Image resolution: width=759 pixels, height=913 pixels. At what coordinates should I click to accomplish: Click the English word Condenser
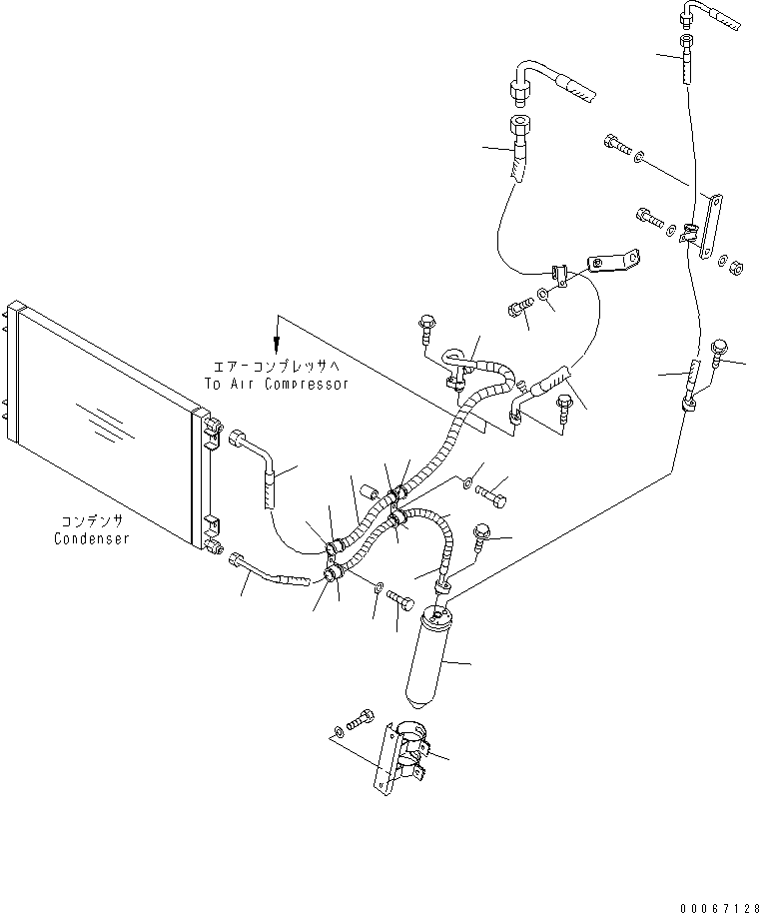point(91,538)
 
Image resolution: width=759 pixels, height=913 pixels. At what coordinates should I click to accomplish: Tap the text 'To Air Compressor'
point(277,384)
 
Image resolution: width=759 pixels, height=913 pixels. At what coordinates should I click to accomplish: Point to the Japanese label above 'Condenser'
point(91,521)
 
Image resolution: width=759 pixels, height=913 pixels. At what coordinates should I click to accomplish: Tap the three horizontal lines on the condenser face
point(98,417)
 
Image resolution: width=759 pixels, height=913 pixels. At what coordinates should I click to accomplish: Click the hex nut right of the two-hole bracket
point(732,267)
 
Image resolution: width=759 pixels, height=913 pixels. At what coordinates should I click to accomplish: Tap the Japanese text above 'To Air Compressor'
point(277,366)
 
